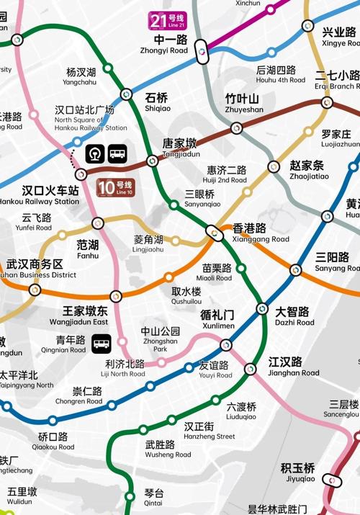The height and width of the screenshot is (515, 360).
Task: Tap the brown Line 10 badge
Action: coord(115,188)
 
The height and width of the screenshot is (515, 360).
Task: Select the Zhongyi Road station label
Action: coord(168,45)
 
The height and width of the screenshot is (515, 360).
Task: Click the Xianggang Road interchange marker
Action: coord(213,233)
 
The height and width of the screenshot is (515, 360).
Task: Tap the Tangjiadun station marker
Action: coord(152,161)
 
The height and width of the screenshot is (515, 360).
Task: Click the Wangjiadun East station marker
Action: coord(116,296)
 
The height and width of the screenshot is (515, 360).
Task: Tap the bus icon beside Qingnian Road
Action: coord(102,344)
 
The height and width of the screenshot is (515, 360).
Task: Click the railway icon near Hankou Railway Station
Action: coord(95,154)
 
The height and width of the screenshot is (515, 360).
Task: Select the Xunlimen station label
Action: coord(217,320)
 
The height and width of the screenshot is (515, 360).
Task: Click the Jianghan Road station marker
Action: coord(250,369)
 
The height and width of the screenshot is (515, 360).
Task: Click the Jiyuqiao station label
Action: coord(298,472)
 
